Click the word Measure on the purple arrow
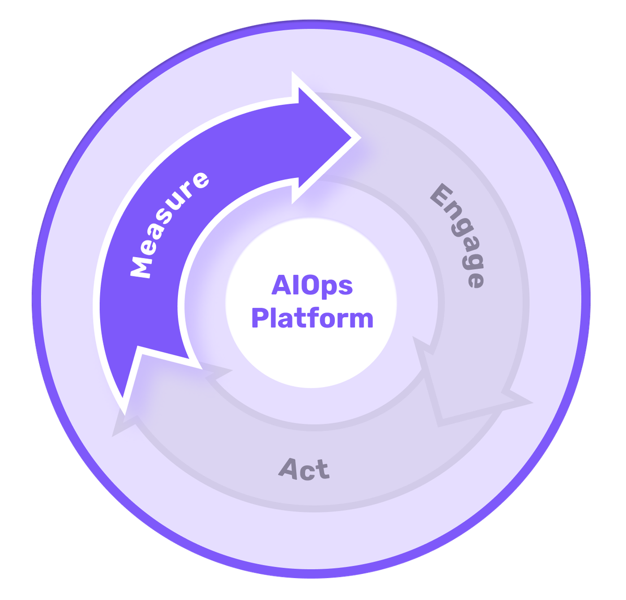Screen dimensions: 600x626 coord(168,225)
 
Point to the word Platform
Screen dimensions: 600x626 coord(312,318)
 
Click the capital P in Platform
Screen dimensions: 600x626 coord(260,318)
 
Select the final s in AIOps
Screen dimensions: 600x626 coord(345,287)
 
